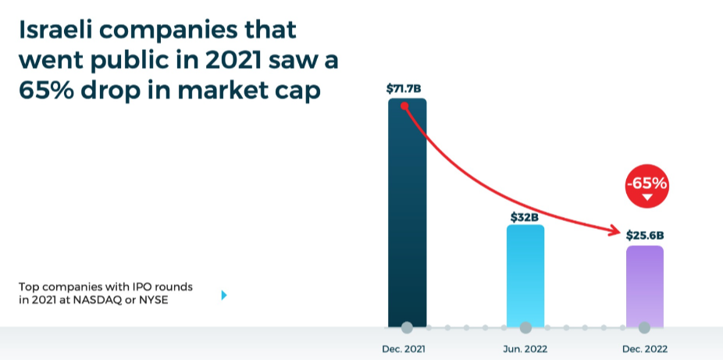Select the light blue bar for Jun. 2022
pyautogui.click(x=525, y=277)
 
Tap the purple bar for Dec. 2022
pyautogui.click(x=644, y=285)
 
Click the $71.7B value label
pyautogui.click(x=407, y=89)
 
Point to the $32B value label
pyautogui.click(x=525, y=217)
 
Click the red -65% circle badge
pyautogui.click(x=646, y=187)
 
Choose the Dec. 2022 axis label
pyautogui.click(x=645, y=348)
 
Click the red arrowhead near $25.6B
pyautogui.click(x=616, y=230)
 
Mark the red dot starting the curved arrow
pyautogui.click(x=404, y=105)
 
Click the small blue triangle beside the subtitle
pyautogui.click(x=224, y=295)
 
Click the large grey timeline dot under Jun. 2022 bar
pyautogui.click(x=525, y=327)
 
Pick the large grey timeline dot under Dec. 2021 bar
pyautogui.click(x=407, y=327)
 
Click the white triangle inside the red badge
pyautogui.click(x=646, y=198)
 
